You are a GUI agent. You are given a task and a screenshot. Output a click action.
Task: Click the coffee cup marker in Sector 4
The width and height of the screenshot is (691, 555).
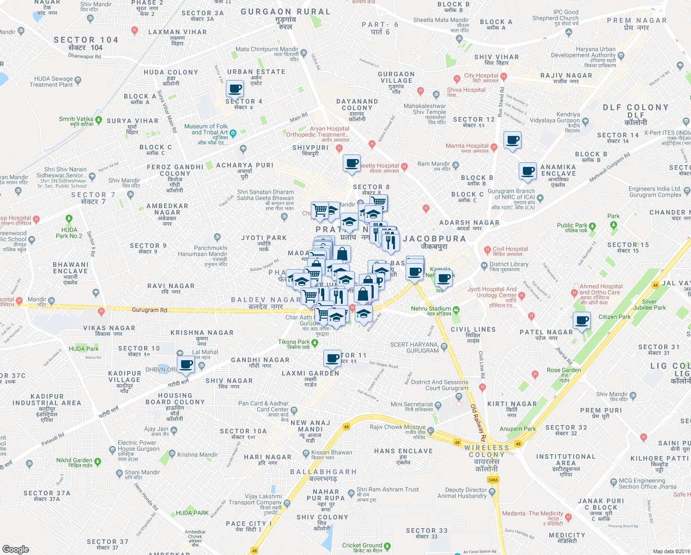235,88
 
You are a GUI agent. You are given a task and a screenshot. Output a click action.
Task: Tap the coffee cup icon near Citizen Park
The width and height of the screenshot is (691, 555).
582,320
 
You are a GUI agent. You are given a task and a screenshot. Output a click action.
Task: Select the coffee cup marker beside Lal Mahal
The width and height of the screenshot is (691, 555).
186,364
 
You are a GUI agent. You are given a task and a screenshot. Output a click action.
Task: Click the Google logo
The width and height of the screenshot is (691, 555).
15,549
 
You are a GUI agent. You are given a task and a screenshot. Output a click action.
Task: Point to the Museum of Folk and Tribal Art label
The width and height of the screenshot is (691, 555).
206,129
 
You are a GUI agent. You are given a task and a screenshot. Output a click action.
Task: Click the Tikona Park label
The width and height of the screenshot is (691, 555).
294,342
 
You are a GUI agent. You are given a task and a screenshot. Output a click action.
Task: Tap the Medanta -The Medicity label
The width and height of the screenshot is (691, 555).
533,513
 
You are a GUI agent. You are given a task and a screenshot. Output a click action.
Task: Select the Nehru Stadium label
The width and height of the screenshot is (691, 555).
431,308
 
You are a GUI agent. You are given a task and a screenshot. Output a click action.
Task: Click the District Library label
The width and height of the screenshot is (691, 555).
509,265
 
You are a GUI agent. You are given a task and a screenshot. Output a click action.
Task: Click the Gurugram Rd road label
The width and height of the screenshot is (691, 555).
149,310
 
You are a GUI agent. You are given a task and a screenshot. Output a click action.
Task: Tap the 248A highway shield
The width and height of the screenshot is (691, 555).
493,480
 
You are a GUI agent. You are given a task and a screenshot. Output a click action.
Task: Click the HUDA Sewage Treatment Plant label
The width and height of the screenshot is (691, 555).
51,82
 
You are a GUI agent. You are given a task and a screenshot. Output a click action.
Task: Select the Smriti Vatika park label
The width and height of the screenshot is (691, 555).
76,119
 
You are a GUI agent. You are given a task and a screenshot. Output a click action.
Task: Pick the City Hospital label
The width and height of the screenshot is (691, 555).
481,75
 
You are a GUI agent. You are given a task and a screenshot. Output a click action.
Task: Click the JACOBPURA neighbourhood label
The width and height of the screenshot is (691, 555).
434,239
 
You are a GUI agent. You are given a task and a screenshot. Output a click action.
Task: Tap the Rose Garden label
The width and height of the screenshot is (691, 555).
564,370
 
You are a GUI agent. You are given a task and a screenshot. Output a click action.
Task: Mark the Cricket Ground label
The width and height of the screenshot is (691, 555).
362,545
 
